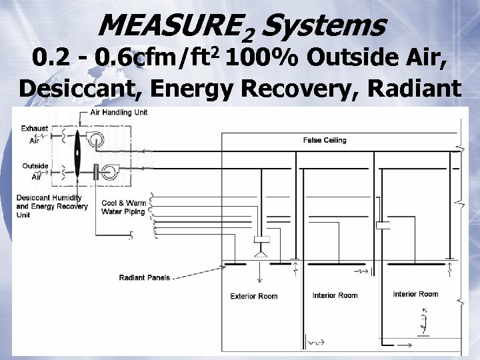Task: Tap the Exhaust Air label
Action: (33, 134)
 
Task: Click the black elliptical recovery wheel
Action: (77, 153)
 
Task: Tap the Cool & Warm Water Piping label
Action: (123, 207)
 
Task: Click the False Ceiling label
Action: (325, 140)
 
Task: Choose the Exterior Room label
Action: (253, 296)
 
